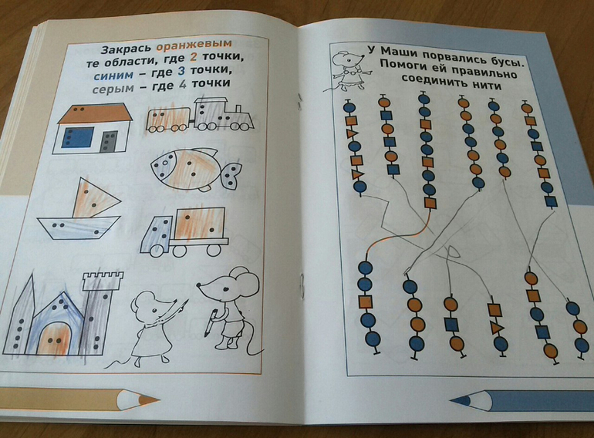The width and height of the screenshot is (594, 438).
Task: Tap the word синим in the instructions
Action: [x=113, y=74]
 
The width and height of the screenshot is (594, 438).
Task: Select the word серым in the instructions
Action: [x=113, y=88]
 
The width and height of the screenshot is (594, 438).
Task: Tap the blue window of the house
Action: [x=79, y=137]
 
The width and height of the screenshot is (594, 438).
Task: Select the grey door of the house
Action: [x=109, y=142]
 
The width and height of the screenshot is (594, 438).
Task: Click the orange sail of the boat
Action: [x=95, y=198]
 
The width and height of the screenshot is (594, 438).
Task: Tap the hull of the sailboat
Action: [x=79, y=228]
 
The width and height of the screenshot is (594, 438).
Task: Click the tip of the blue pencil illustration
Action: [x=454, y=400]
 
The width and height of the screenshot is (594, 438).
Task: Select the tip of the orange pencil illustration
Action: [x=155, y=399]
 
